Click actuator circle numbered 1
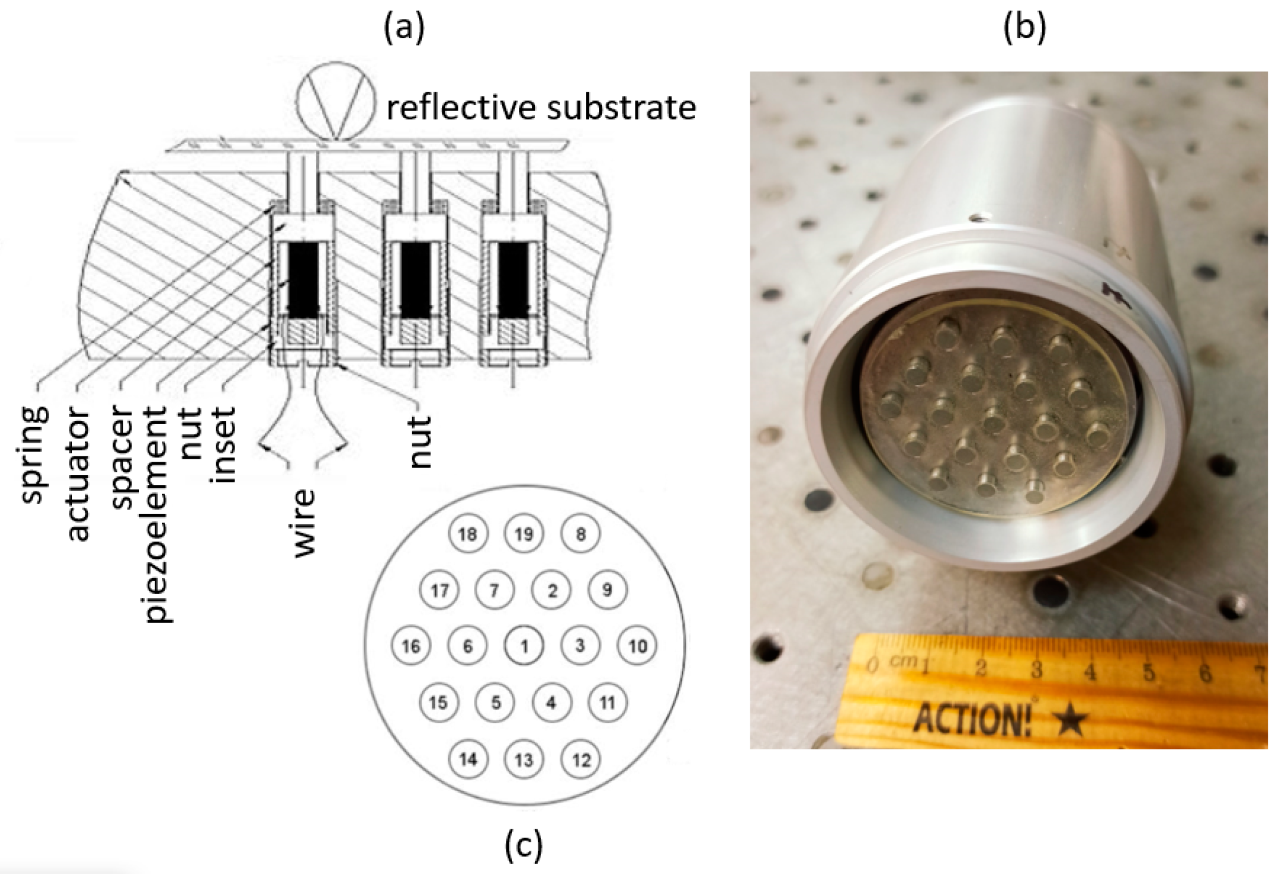click(x=524, y=646)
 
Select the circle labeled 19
click(x=524, y=533)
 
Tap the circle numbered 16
click(x=411, y=646)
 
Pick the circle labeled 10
click(x=637, y=646)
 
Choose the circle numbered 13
click(x=524, y=760)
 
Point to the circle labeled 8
click(x=580, y=533)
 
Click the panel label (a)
click(x=404, y=27)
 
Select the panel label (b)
click(x=1024, y=27)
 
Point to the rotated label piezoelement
click(x=156, y=515)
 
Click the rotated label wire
click(x=303, y=523)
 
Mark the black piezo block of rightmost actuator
click(x=513, y=279)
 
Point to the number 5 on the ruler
click(x=1148, y=671)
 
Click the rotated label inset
click(x=225, y=444)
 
